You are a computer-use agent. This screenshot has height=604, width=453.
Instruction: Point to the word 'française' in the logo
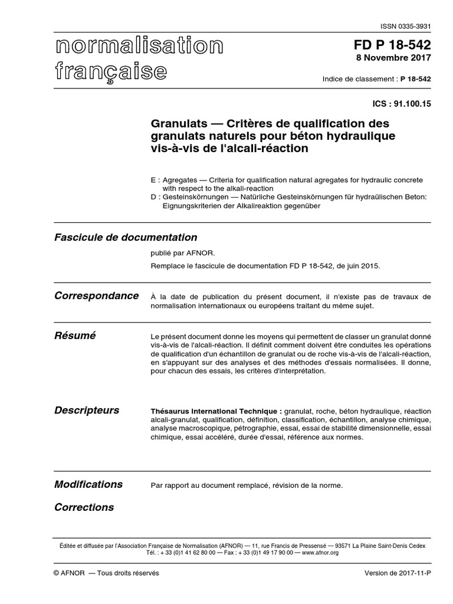click(111, 71)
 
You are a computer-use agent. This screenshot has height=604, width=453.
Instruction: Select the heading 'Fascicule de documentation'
click(126, 238)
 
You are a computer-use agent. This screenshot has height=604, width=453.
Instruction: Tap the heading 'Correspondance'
click(97, 296)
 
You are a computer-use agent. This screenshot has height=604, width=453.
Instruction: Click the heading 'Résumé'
click(75, 336)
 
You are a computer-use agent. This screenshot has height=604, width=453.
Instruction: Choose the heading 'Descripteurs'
click(87, 411)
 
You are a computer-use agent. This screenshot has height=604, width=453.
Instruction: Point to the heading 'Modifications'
click(88, 484)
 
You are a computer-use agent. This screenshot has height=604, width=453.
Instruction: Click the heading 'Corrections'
click(84, 507)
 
